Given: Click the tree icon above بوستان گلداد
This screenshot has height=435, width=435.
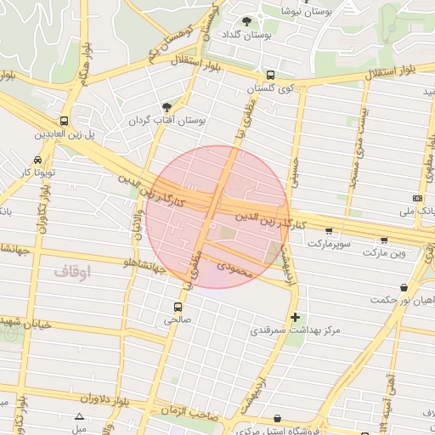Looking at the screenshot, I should click(246, 22).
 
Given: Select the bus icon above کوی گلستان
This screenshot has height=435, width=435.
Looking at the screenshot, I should click(270, 75).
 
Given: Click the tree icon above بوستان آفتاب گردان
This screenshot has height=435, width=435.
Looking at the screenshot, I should click(167, 107).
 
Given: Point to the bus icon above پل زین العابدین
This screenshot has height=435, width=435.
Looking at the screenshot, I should click(65, 121).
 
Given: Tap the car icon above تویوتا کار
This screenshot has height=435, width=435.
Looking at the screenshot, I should click(38, 160).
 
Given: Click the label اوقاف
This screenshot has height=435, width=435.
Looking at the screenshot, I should click(72, 272).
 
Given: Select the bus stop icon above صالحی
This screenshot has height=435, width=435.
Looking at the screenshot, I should click(178, 307).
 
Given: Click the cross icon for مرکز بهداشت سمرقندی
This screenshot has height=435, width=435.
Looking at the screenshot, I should click(295, 318).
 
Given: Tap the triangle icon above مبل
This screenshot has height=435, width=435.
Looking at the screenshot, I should click(79, 417).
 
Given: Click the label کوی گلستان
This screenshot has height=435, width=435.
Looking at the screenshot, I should click(270, 88).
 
